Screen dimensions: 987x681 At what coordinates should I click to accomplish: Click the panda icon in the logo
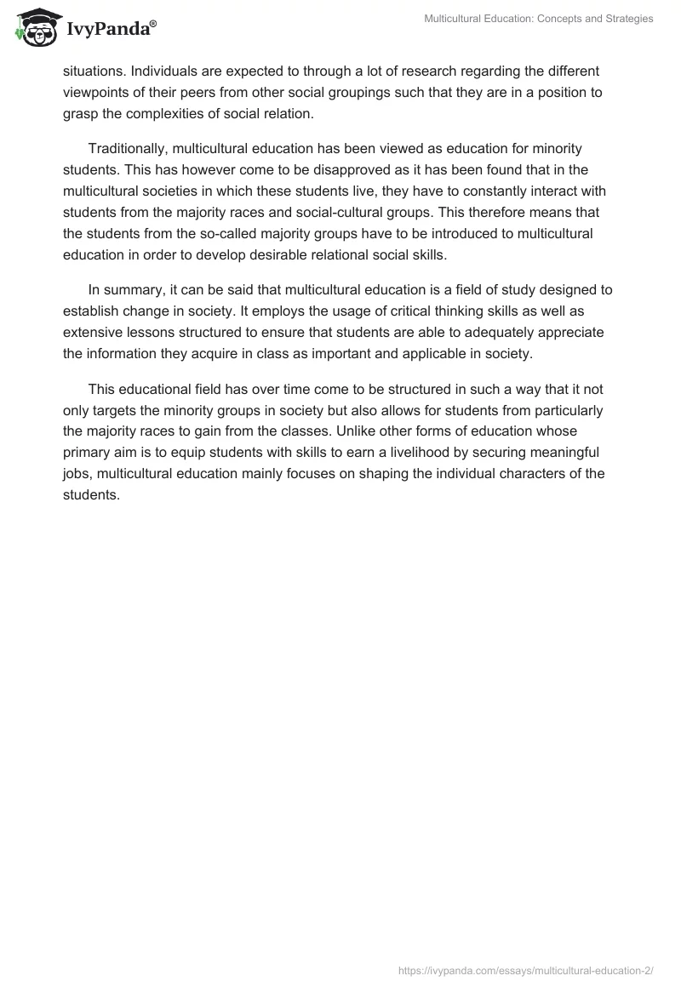pos(33,28)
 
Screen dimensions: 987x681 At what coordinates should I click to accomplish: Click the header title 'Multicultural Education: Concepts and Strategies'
pos(538,19)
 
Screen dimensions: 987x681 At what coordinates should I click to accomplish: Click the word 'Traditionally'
pos(127,150)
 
